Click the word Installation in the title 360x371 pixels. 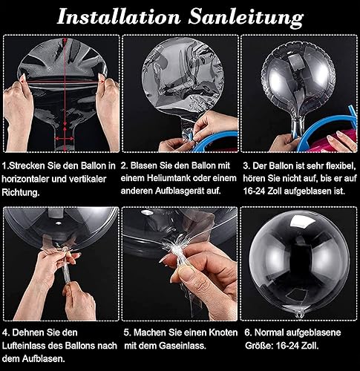tap(119, 17)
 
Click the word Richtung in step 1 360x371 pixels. tap(21, 192)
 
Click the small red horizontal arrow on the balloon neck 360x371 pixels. tap(65, 139)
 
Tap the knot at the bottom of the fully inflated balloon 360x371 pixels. tap(300, 315)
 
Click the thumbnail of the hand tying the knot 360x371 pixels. tap(180, 264)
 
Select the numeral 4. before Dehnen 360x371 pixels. tap(6, 332)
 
